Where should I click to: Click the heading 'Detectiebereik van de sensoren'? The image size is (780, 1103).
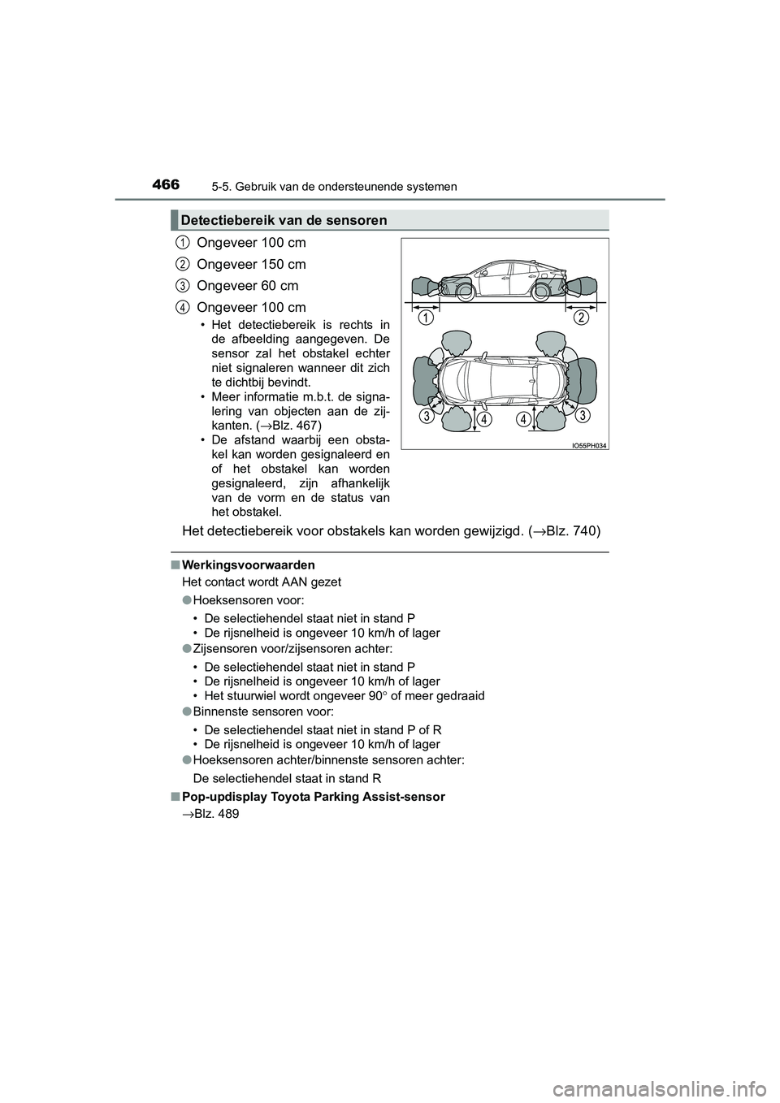284,220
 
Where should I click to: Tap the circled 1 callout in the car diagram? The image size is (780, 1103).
425,318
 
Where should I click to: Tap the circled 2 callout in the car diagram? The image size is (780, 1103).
579,318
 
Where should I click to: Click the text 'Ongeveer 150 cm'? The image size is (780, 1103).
251,264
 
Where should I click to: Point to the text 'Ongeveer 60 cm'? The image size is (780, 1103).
247,286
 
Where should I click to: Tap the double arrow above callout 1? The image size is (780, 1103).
426,307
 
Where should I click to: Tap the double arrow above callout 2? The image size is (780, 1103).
580,307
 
